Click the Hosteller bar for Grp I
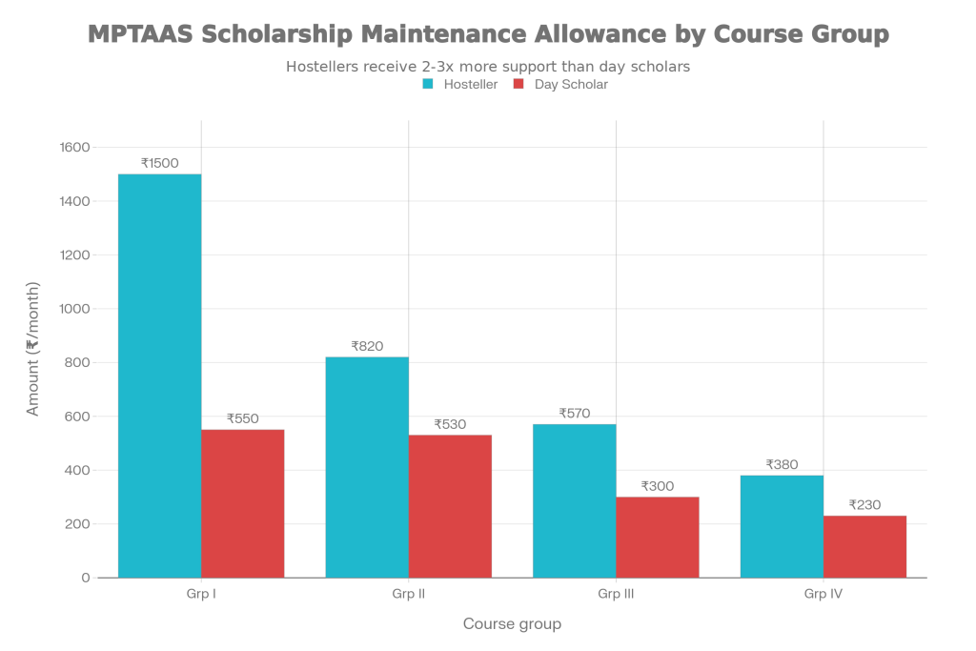[159, 376]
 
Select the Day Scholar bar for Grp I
[243, 503]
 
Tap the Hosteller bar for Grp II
[367, 467]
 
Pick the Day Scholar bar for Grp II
[450, 506]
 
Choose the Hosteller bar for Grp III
[574, 500]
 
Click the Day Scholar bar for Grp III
[658, 537]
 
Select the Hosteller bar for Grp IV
[782, 526]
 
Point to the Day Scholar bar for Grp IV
[864, 546]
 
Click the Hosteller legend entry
[459, 85]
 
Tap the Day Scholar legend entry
[561, 85]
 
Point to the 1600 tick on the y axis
[75, 148]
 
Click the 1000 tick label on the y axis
[75, 309]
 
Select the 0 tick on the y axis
[86, 578]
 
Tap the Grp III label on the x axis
[616, 595]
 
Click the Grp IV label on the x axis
[823, 595]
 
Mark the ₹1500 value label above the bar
[159, 163]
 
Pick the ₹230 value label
[864, 505]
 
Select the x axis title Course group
[512, 624]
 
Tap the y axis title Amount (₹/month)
[33, 348]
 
